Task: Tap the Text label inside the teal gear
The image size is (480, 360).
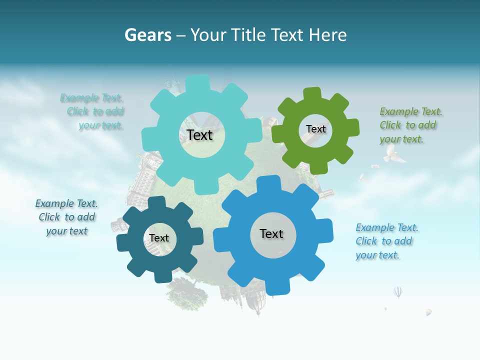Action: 199,135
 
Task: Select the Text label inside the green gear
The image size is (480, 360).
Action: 315,129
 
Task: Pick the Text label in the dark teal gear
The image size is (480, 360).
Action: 159,238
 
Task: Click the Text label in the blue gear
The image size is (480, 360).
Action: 271,233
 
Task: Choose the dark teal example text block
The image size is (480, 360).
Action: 66,217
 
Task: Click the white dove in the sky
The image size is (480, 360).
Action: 393,155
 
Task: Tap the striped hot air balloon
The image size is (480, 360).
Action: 397,292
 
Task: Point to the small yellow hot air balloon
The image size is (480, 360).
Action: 428,312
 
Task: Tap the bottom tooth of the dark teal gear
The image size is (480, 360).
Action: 159,276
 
